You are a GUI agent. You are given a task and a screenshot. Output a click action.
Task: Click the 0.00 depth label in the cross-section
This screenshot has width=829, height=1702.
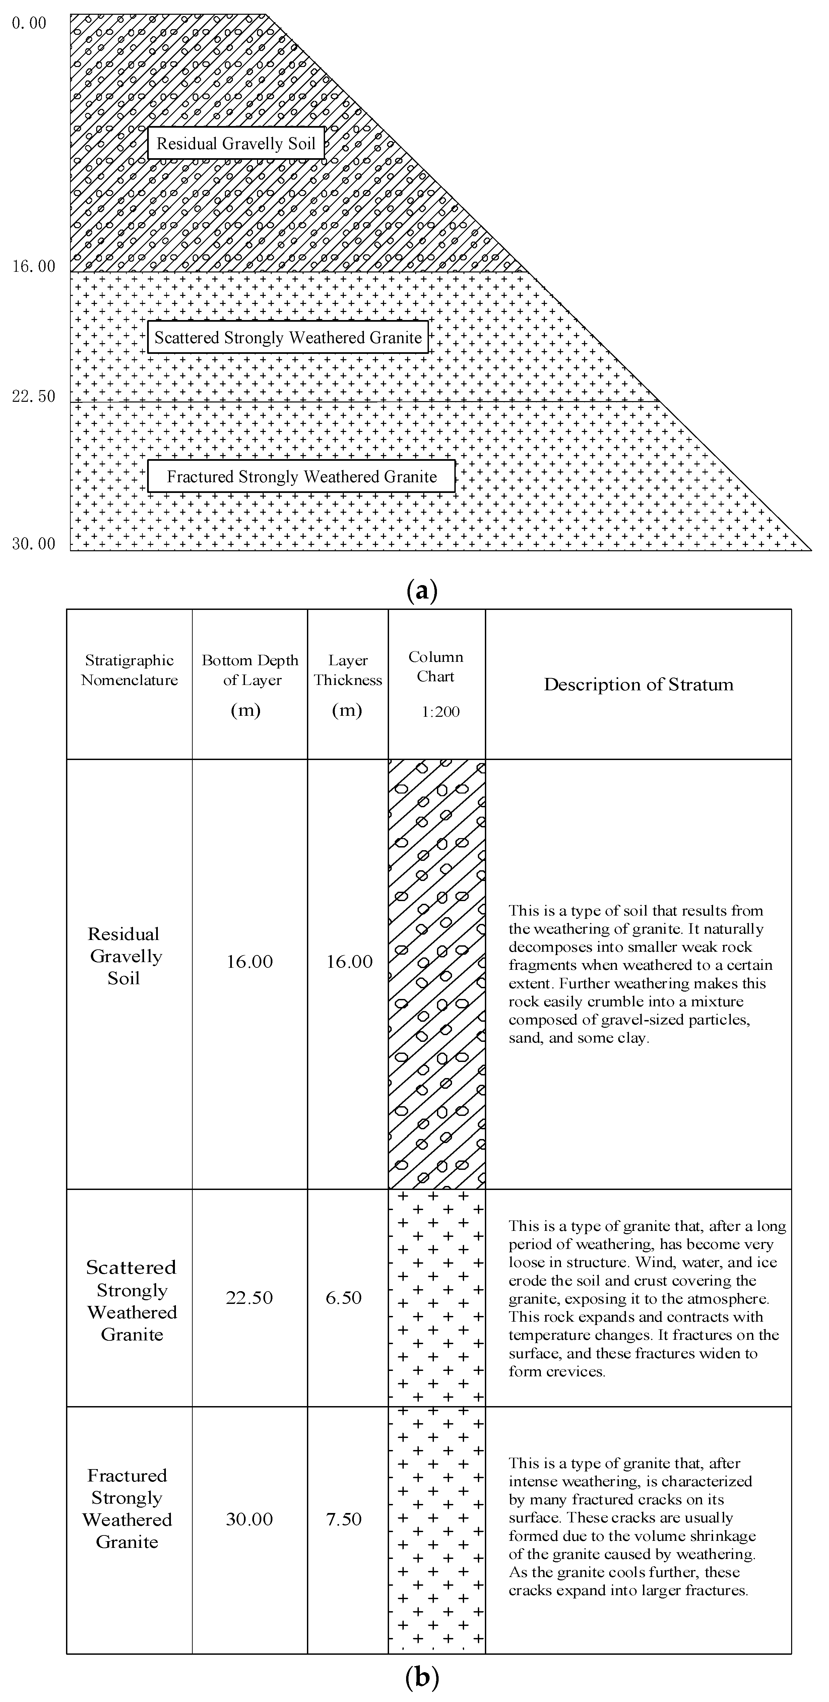(29, 24)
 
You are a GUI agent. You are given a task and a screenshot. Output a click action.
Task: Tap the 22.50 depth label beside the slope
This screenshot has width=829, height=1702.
(33, 396)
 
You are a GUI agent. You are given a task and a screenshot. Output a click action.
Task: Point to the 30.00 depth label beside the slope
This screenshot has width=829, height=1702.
(33, 544)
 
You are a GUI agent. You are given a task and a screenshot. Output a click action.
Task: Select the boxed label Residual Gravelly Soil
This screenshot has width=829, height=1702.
(236, 143)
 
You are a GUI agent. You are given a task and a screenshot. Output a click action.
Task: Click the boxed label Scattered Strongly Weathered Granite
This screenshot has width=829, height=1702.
(288, 338)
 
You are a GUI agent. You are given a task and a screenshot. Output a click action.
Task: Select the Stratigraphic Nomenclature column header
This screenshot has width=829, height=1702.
(129, 670)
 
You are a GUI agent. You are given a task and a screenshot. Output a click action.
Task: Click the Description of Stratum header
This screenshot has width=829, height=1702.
(638, 685)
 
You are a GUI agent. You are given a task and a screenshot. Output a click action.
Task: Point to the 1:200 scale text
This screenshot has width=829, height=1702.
(441, 711)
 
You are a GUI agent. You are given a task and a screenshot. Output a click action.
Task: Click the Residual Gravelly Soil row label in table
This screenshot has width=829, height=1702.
(125, 956)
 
